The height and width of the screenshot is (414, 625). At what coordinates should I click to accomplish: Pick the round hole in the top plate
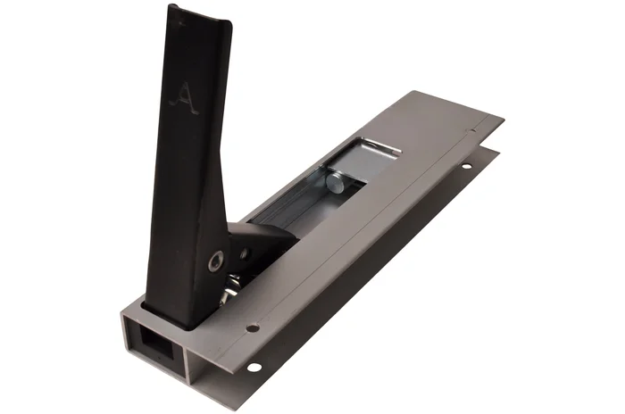252,327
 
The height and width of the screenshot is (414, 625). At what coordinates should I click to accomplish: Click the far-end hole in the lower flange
464,166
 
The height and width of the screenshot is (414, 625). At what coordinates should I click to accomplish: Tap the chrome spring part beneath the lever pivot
234,284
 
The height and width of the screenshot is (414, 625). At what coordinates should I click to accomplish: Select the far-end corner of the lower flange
496,150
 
